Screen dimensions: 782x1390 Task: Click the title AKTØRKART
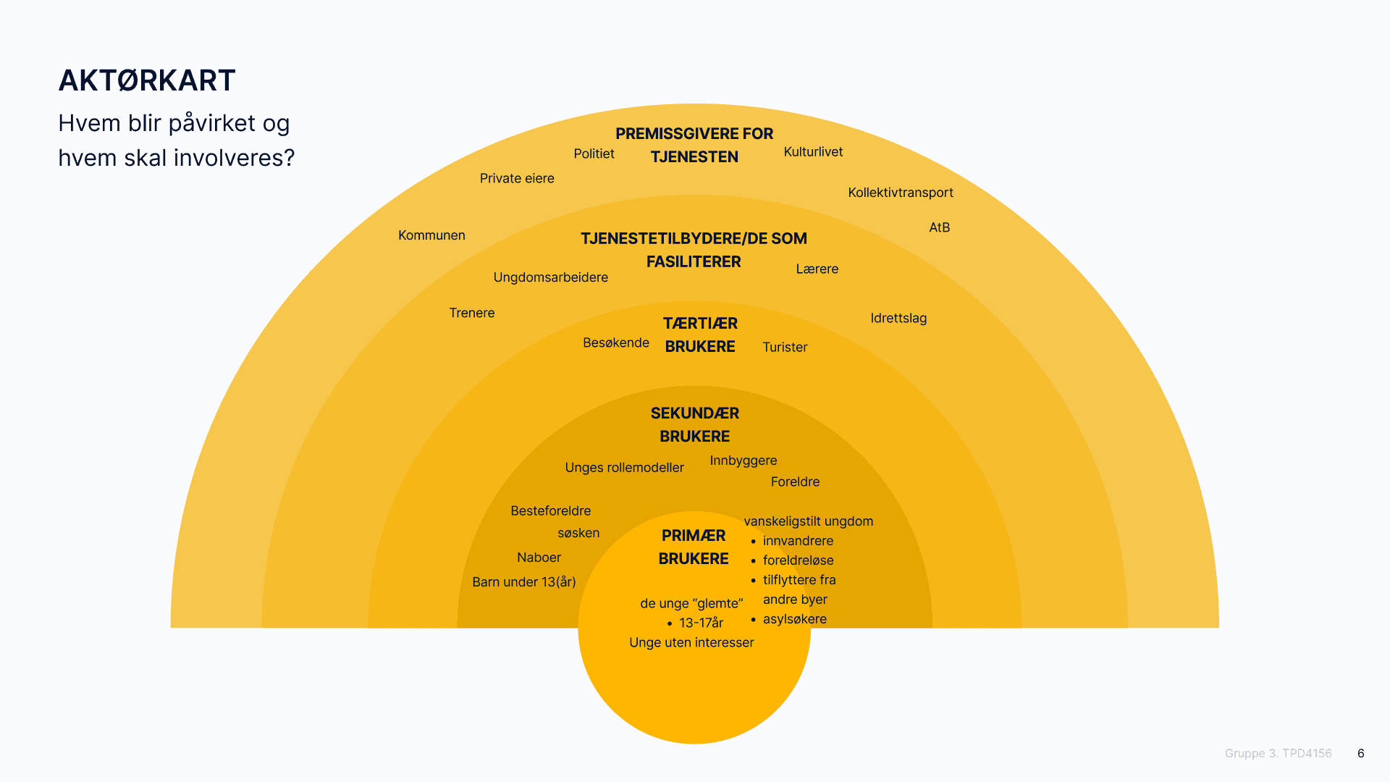(x=147, y=80)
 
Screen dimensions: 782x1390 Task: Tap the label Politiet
(x=594, y=154)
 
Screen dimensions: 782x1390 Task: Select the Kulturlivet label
(x=813, y=152)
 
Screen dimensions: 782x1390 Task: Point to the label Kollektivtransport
(x=901, y=193)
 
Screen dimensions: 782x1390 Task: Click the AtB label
(x=939, y=227)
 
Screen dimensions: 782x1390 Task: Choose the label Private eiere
(x=517, y=178)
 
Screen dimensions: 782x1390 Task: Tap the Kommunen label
(x=431, y=235)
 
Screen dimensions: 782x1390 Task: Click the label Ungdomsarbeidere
(x=550, y=277)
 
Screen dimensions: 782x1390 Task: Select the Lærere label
(x=817, y=269)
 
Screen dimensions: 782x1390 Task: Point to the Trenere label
(x=471, y=313)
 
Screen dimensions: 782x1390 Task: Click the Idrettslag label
(x=898, y=318)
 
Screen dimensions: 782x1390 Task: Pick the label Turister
(x=785, y=347)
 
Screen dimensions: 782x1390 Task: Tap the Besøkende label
(x=616, y=342)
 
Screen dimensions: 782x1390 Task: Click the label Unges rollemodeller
(x=624, y=468)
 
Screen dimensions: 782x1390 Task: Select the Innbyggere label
(x=744, y=461)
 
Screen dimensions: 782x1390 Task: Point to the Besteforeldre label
(x=550, y=511)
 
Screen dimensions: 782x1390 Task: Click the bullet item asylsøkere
(x=794, y=619)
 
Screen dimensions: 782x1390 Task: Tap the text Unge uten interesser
(x=691, y=642)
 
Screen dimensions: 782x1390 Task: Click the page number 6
(x=1361, y=753)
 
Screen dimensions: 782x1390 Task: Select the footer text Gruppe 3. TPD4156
(x=1278, y=753)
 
